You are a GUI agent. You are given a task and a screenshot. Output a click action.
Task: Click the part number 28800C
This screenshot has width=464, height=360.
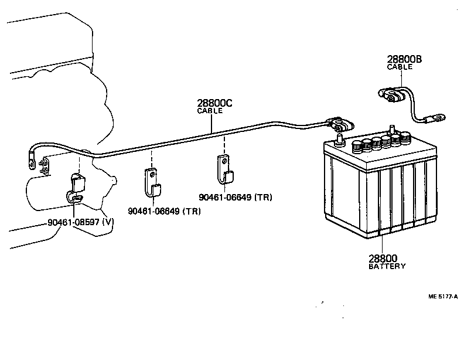pyautogui.click(x=214, y=103)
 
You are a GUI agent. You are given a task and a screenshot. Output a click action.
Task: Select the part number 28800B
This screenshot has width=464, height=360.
pyautogui.click(x=404, y=59)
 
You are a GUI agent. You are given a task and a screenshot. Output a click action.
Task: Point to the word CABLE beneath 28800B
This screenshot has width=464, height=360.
pyautogui.click(x=400, y=67)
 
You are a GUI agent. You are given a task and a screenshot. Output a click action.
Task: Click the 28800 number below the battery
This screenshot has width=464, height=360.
pyautogui.click(x=383, y=258)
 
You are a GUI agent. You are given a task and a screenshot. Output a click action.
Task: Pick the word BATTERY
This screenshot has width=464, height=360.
pyautogui.click(x=387, y=266)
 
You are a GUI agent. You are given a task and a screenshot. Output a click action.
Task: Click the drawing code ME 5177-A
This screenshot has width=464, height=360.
pyautogui.click(x=444, y=296)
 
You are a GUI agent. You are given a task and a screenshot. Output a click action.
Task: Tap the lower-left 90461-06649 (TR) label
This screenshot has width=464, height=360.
pyautogui.click(x=164, y=211)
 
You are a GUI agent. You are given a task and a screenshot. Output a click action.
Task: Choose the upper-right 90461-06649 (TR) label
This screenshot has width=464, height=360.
pyautogui.click(x=236, y=197)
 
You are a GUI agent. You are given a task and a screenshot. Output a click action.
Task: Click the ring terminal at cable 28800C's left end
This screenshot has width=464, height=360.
pyautogui.click(x=29, y=158)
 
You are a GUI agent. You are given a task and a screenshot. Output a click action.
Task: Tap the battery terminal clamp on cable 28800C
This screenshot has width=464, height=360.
pyautogui.click(x=340, y=125)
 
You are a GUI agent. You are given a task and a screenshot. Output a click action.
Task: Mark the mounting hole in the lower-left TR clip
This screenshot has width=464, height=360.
pyautogui.click(x=151, y=173)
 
